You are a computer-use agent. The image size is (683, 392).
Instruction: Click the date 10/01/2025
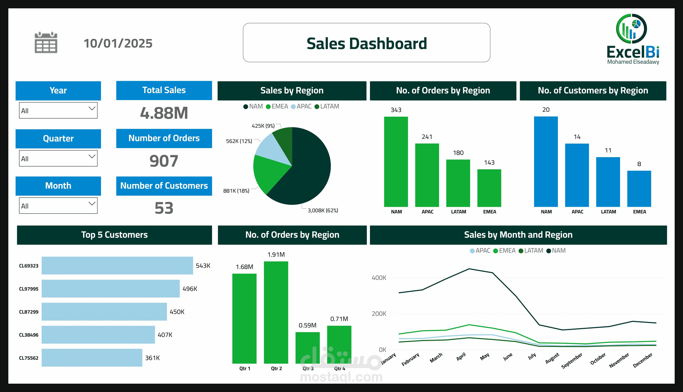click(118, 43)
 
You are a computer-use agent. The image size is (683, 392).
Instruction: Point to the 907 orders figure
click(164, 161)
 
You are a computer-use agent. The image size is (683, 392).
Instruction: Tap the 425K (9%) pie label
click(263, 126)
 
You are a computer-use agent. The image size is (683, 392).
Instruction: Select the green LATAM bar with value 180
click(458, 183)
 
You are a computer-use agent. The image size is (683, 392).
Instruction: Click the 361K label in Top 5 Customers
click(152, 358)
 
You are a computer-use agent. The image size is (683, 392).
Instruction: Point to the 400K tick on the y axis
click(379, 278)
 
